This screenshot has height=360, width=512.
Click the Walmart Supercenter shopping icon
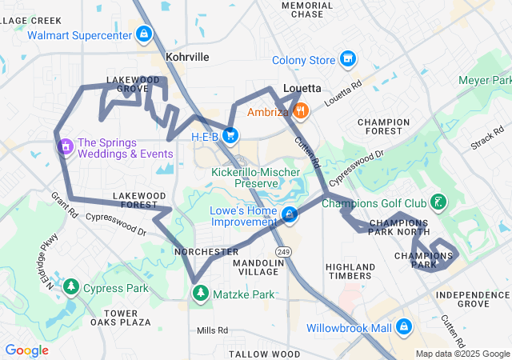143,34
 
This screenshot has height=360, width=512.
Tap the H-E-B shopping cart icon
230,136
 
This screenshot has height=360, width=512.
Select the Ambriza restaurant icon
301,112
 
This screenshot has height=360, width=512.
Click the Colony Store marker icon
347,59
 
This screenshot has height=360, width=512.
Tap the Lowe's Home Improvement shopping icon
289,214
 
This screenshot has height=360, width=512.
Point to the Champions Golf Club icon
438,202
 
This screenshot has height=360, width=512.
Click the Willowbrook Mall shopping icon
405,327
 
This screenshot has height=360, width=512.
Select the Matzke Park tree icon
200,294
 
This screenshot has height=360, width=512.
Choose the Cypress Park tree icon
71,287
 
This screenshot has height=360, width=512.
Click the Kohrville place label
187,58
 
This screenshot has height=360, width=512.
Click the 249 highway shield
286,251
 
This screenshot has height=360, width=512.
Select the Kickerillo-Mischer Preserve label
255,177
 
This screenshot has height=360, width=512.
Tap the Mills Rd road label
212,330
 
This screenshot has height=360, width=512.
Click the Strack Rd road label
487,136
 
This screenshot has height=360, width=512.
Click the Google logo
27,350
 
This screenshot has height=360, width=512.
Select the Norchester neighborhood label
201,251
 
